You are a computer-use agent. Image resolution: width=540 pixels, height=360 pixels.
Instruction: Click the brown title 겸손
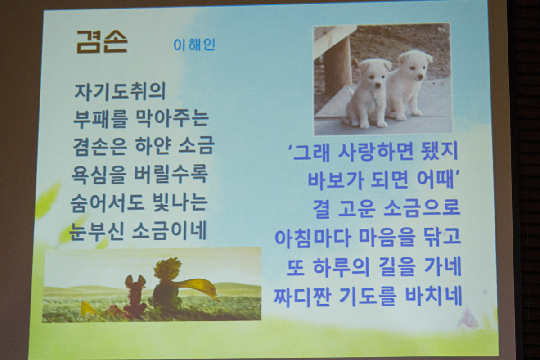click(102, 42)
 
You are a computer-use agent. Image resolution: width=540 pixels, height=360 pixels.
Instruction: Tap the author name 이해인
click(194, 45)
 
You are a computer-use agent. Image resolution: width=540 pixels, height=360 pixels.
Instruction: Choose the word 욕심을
click(99, 174)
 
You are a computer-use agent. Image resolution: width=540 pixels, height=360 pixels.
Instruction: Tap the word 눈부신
click(97, 231)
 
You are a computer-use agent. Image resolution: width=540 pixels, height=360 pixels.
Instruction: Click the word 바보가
click(336, 180)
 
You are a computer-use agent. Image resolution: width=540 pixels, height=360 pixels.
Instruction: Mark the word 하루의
click(341, 267)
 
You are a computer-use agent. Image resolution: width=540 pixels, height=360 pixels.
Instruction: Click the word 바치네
click(433, 296)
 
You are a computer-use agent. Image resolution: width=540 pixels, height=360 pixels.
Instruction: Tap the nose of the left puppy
click(378, 85)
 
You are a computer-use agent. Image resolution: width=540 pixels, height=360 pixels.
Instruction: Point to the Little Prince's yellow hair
click(168, 268)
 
